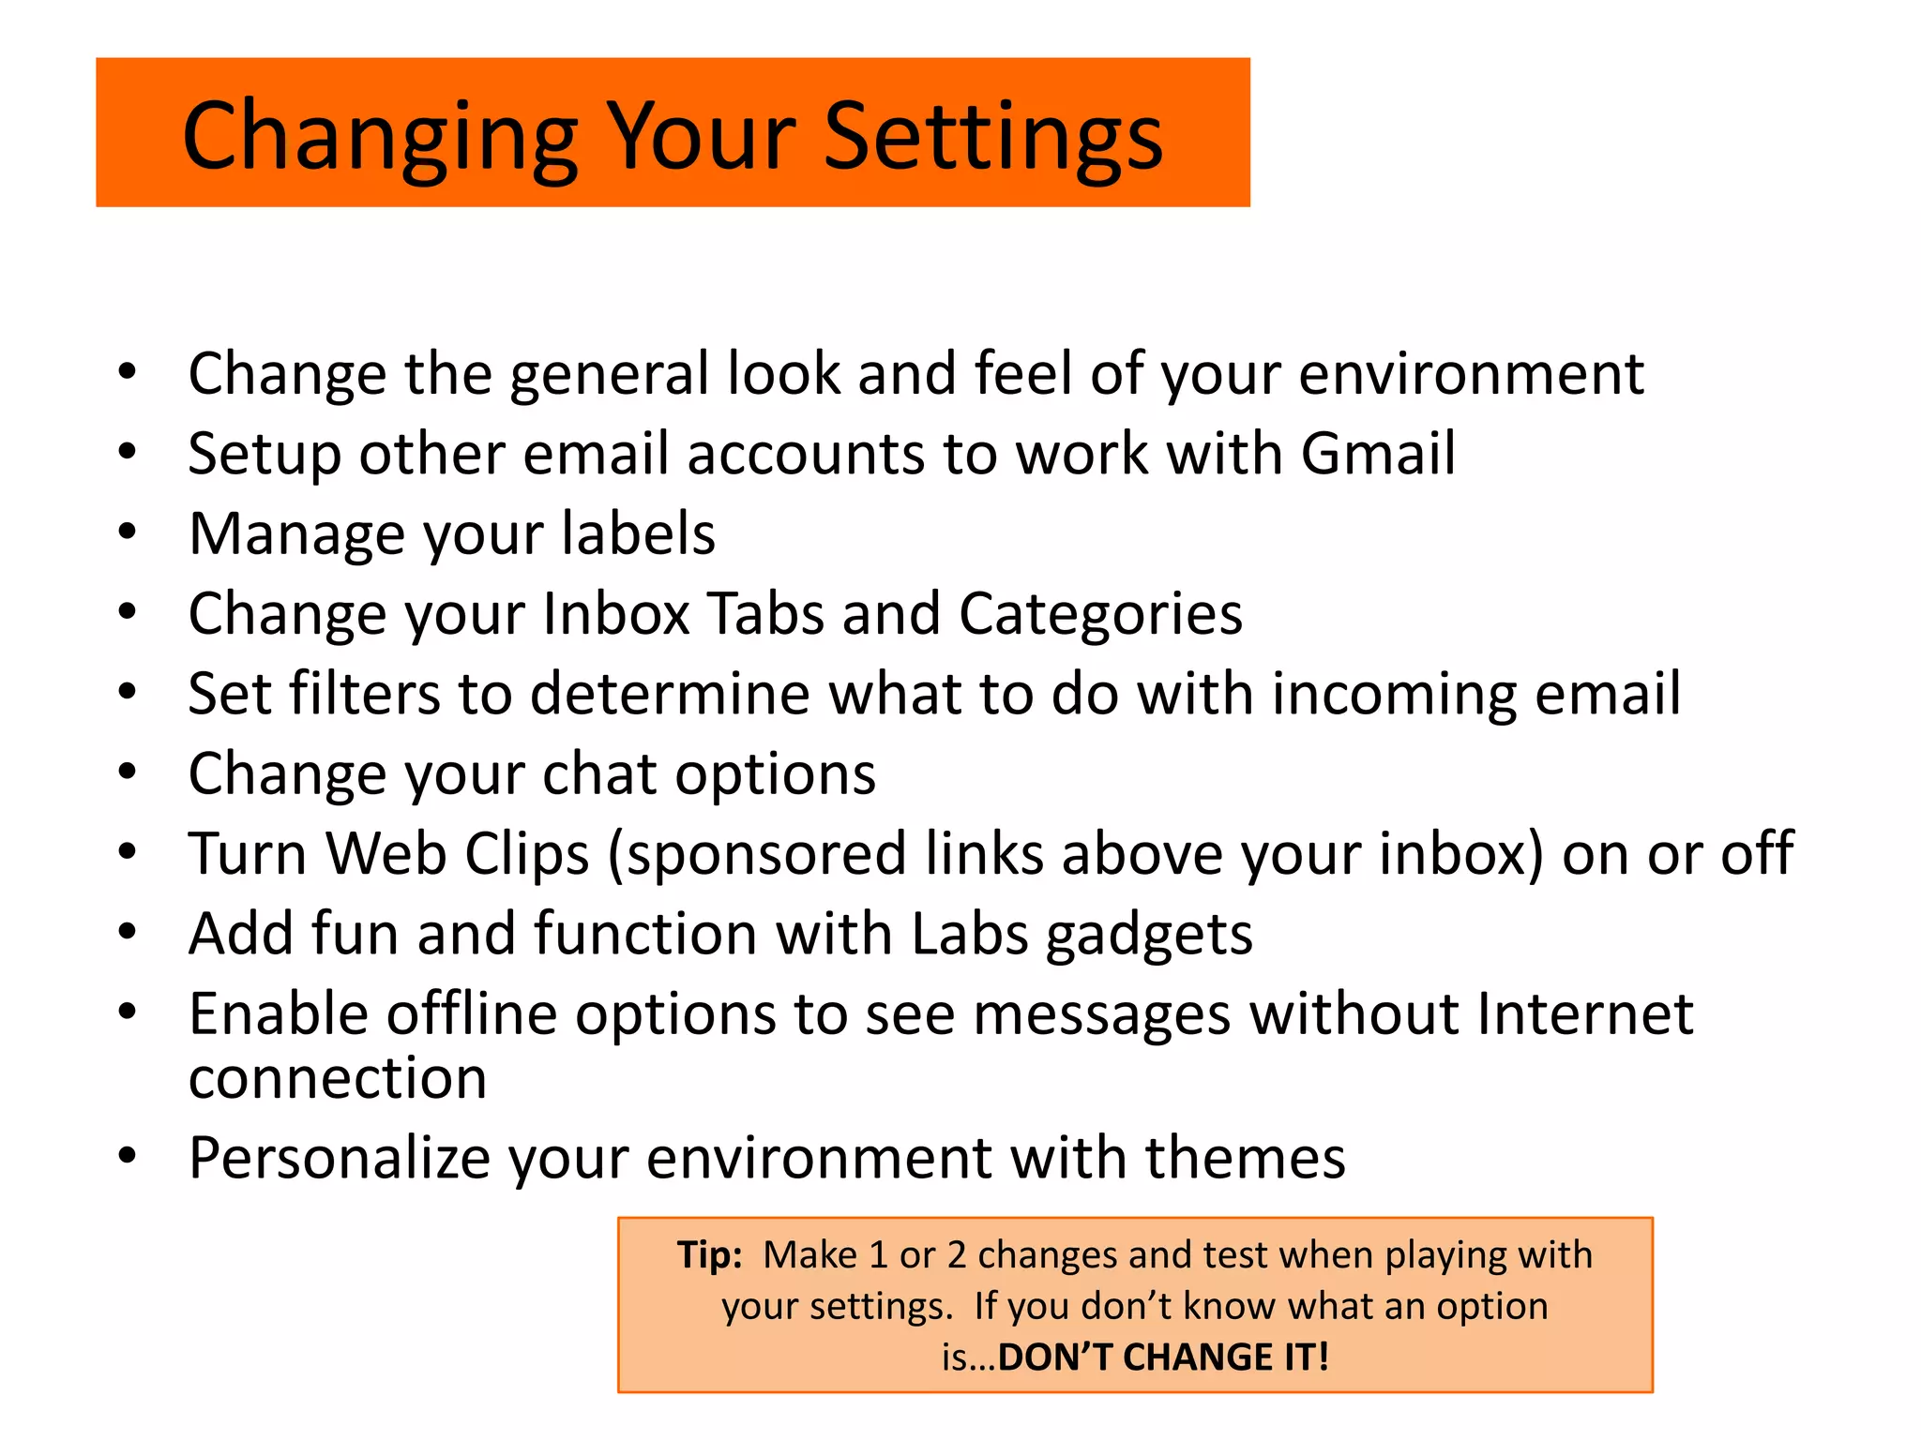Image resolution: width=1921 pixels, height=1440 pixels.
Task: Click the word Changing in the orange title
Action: pos(380,138)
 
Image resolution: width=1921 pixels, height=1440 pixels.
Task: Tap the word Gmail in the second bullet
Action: pos(1378,455)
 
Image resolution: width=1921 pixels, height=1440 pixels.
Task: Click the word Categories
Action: pos(1100,615)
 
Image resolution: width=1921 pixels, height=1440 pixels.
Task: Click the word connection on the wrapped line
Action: pos(338,1078)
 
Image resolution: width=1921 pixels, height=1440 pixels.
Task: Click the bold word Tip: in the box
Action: pos(710,1255)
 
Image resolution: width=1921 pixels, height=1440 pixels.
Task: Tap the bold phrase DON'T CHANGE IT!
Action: pos(1163,1357)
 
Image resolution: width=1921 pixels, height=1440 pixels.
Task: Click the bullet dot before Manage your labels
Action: pos(128,532)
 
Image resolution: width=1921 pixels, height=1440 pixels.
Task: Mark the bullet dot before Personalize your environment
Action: pos(128,1156)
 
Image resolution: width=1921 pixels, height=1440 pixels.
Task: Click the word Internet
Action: pos(1584,1014)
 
